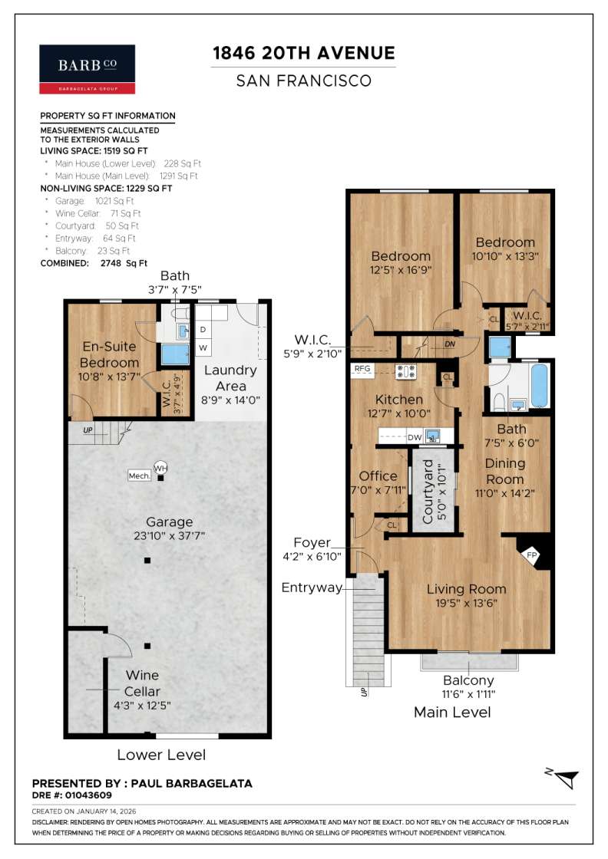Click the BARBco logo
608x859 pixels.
[87, 69]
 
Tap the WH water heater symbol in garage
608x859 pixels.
[160, 467]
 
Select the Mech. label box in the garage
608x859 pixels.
[139, 476]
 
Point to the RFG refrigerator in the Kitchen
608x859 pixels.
[362, 369]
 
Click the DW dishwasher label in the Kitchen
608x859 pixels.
[415, 437]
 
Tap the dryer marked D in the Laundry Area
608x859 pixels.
[203, 330]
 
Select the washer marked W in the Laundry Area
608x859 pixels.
[203, 347]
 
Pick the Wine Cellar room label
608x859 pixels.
[142, 683]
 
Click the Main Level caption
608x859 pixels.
[452, 713]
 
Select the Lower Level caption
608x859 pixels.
[161, 755]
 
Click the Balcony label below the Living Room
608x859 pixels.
[468, 680]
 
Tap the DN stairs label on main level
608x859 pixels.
[450, 344]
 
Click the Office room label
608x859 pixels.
[378, 476]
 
